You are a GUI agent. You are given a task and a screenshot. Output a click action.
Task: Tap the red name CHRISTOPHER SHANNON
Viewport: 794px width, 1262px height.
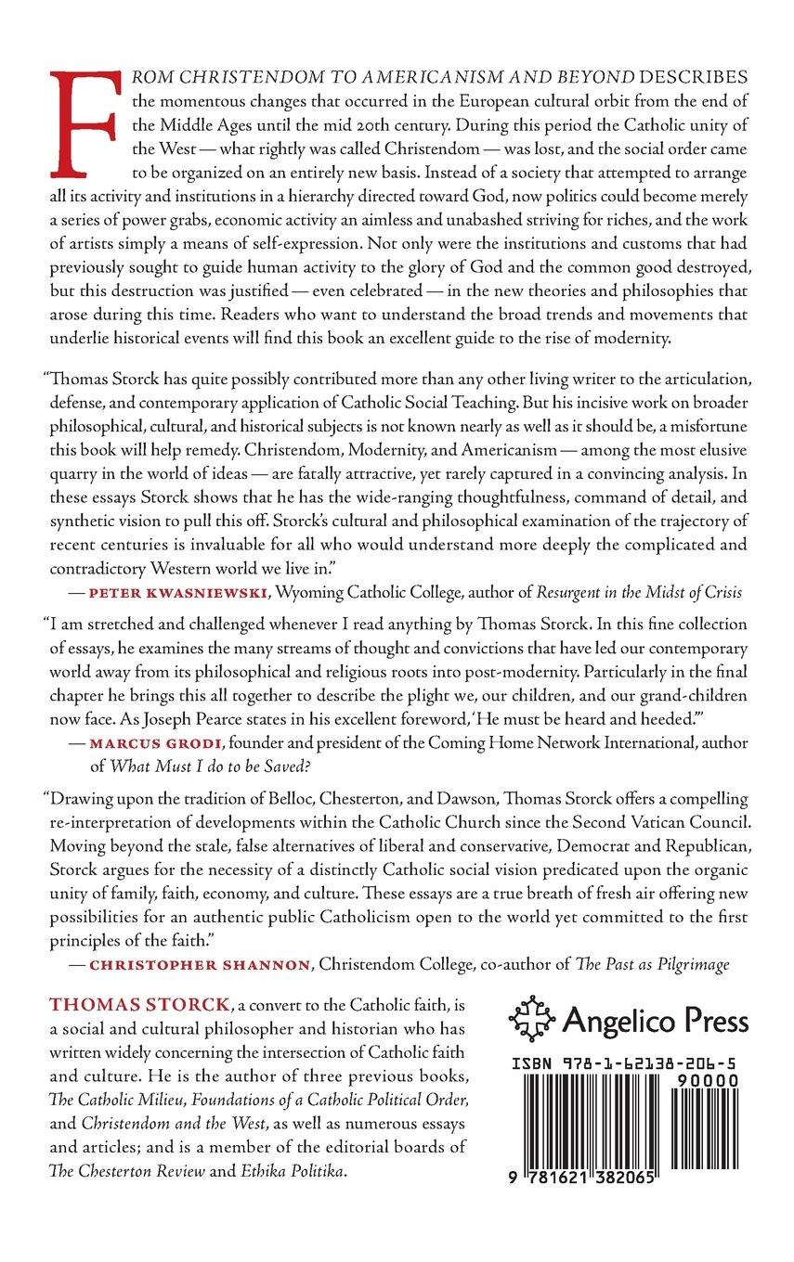pyautogui.click(x=200, y=965)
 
